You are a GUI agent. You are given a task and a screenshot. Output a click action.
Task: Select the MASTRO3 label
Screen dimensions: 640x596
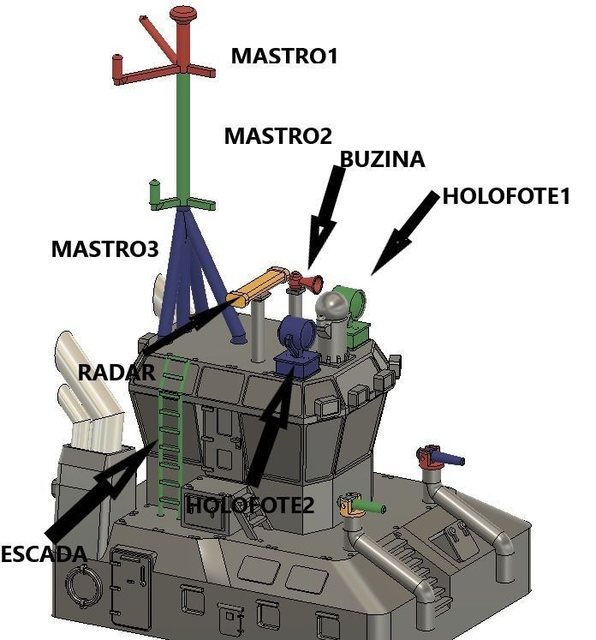point(104,249)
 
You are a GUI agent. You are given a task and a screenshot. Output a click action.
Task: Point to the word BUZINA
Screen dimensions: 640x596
point(382,159)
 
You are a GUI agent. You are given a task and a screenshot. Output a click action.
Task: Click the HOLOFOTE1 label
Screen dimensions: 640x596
point(505,196)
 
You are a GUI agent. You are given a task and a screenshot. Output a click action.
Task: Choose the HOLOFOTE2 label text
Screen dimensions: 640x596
point(250,505)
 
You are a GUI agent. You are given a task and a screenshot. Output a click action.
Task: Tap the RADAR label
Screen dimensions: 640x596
point(116,373)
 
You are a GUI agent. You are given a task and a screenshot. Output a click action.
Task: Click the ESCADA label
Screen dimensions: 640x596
point(43,553)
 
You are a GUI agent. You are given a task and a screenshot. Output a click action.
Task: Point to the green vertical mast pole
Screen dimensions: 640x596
point(183,137)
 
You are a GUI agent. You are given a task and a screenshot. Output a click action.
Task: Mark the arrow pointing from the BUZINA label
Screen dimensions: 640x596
point(326,214)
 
